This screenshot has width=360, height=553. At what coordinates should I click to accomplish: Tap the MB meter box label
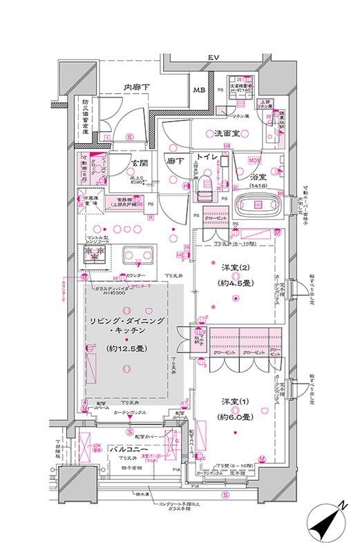[x=198, y=91]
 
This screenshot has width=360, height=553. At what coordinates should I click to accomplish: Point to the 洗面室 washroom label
[x=225, y=134]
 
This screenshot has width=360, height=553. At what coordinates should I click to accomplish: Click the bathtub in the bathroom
[x=257, y=205]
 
